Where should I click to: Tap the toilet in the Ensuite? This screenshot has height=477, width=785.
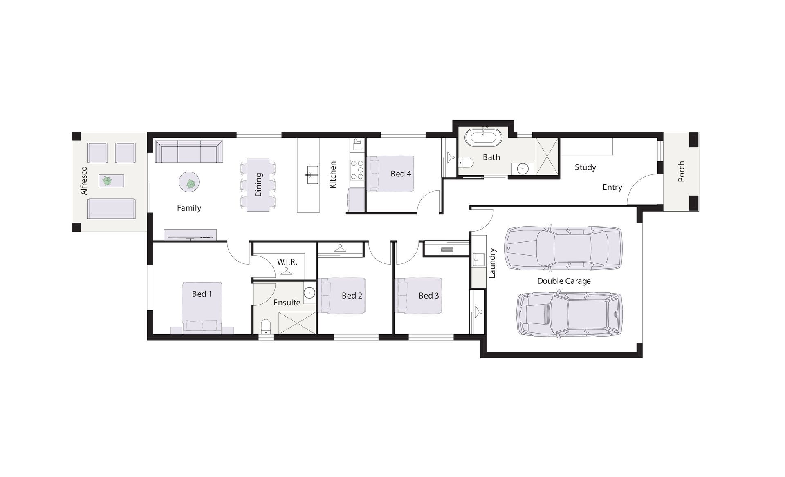[x=266, y=326]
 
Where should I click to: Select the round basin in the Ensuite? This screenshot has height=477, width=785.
[x=310, y=292]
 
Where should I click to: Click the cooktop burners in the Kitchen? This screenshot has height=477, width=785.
[x=357, y=170]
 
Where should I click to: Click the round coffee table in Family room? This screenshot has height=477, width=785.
[x=189, y=182]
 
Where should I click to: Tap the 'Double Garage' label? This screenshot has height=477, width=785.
[x=563, y=281]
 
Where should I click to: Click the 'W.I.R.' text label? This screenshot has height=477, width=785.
[x=287, y=262]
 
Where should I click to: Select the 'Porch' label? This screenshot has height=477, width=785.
[x=681, y=171]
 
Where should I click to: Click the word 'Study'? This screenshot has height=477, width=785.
[x=585, y=167]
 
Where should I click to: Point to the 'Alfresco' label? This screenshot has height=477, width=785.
[x=84, y=181]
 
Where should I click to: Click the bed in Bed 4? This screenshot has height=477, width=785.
[x=391, y=174]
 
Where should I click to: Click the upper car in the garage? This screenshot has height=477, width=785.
[x=563, y=248]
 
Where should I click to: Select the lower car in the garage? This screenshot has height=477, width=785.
[x=569, y=314]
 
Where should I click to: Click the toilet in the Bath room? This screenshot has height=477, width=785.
[x=466, y=163]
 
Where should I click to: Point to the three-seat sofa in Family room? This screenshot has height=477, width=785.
[x=189, y=152]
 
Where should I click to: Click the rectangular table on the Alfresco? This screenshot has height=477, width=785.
[x=111, y=181]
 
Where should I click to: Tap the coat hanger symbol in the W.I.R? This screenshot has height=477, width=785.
[x=287, y=271]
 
